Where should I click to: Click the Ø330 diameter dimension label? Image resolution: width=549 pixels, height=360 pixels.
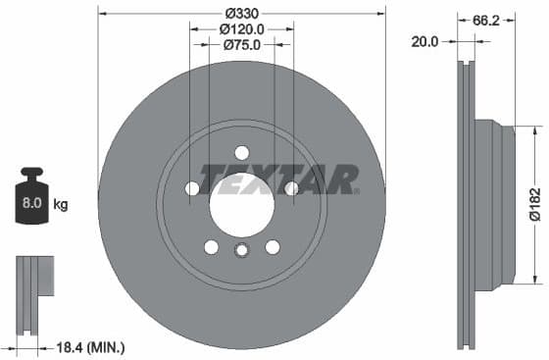pyautogui.click(x=242, y=13)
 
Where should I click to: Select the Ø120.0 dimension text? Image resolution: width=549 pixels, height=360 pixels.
pyautogui.click(x=242, y=29)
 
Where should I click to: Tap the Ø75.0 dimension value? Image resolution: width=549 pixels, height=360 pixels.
pyautogui.click(x=241, y=45)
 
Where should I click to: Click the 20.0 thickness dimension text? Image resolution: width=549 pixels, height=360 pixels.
pyautogui.click(x=425, y=41)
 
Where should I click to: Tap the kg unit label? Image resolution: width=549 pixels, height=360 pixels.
pyautogui.click(x=61, y=205)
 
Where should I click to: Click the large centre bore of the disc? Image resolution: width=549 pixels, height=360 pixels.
pyautogui.click(x=241, y=203)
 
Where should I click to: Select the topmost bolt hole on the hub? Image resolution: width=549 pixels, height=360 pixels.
pyautogui.click(x=241, y=152)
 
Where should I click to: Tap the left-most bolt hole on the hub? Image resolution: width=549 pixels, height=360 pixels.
pyautogui.click(x=192, y=187)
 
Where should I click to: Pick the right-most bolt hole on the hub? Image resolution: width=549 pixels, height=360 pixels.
pyautogui.click(x=291, y=187)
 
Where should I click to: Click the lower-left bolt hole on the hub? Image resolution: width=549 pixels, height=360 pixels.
pyautogui.click(x=211, y=246)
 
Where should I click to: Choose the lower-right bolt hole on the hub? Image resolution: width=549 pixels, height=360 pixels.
pyautogui.click(x=273, y=246)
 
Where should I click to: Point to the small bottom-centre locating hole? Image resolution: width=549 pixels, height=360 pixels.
pyautogui.click(x=241, y=251)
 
